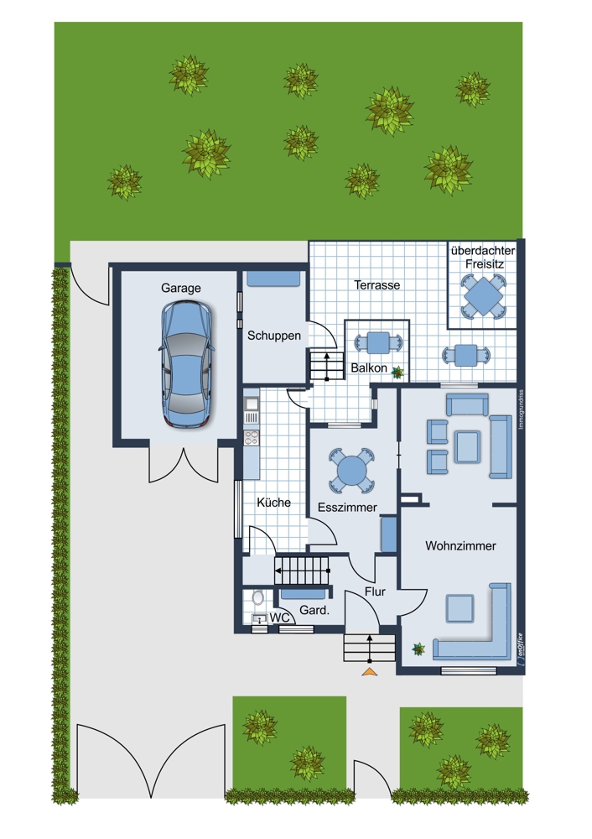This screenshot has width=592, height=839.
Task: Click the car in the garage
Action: [x=187, y=365]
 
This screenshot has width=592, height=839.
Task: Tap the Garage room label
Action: [x=181, y=288]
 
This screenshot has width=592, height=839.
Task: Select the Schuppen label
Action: [x=274, y=336]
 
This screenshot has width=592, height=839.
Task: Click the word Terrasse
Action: [x=377, y=285]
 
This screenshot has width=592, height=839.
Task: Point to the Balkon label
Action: [x=369, y=368]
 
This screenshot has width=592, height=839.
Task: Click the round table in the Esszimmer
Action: [x=351, y=471]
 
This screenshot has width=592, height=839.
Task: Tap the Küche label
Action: [x=274, y=503]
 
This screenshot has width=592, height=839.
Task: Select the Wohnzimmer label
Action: [x=460, y=546]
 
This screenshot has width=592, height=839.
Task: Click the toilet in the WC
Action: [x=258, y=597]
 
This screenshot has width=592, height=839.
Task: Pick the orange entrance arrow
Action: [x=370, y=671]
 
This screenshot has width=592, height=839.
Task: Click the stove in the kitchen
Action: [x=251, y=438]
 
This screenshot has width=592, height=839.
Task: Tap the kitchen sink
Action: [x=251, y=404]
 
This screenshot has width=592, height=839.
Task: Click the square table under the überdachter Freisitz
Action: [x=483, y=295]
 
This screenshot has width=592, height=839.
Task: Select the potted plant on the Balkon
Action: [x=397, y=373]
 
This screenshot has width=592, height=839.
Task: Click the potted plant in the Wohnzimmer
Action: [x=418, y=649]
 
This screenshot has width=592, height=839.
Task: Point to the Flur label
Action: [x=375, y=591]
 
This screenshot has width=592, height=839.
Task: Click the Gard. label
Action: [x=314, y=610]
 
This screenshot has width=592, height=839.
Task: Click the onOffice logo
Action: [x=520, y=649]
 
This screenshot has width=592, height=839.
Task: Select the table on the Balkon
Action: [x=378, y=343]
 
